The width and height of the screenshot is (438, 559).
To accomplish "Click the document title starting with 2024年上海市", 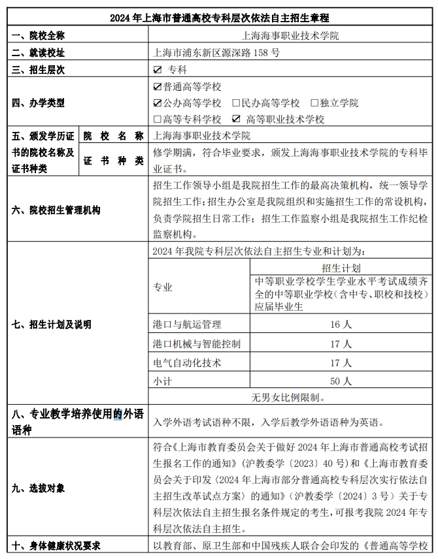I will point(219,18).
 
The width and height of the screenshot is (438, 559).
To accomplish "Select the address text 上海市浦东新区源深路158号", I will point(215,52).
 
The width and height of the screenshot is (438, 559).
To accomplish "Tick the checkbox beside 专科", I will point(157,69).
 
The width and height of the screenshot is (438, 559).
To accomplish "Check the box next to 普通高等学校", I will point(157,86).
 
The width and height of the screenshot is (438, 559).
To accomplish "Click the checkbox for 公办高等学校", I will point(157,103).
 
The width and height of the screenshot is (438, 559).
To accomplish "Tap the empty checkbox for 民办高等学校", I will point(236,103).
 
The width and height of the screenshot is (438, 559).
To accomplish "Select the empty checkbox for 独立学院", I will point(314,103).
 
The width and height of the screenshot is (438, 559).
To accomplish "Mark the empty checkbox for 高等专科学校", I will point(157,119).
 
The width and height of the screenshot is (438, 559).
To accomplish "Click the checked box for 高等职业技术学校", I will point(236,119).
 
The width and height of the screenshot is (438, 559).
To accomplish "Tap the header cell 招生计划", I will point(341,268).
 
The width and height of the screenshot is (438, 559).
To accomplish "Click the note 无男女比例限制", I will point(289,397).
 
